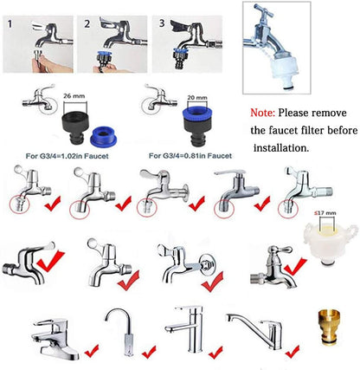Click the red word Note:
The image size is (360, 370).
click(x=266, y=113)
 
